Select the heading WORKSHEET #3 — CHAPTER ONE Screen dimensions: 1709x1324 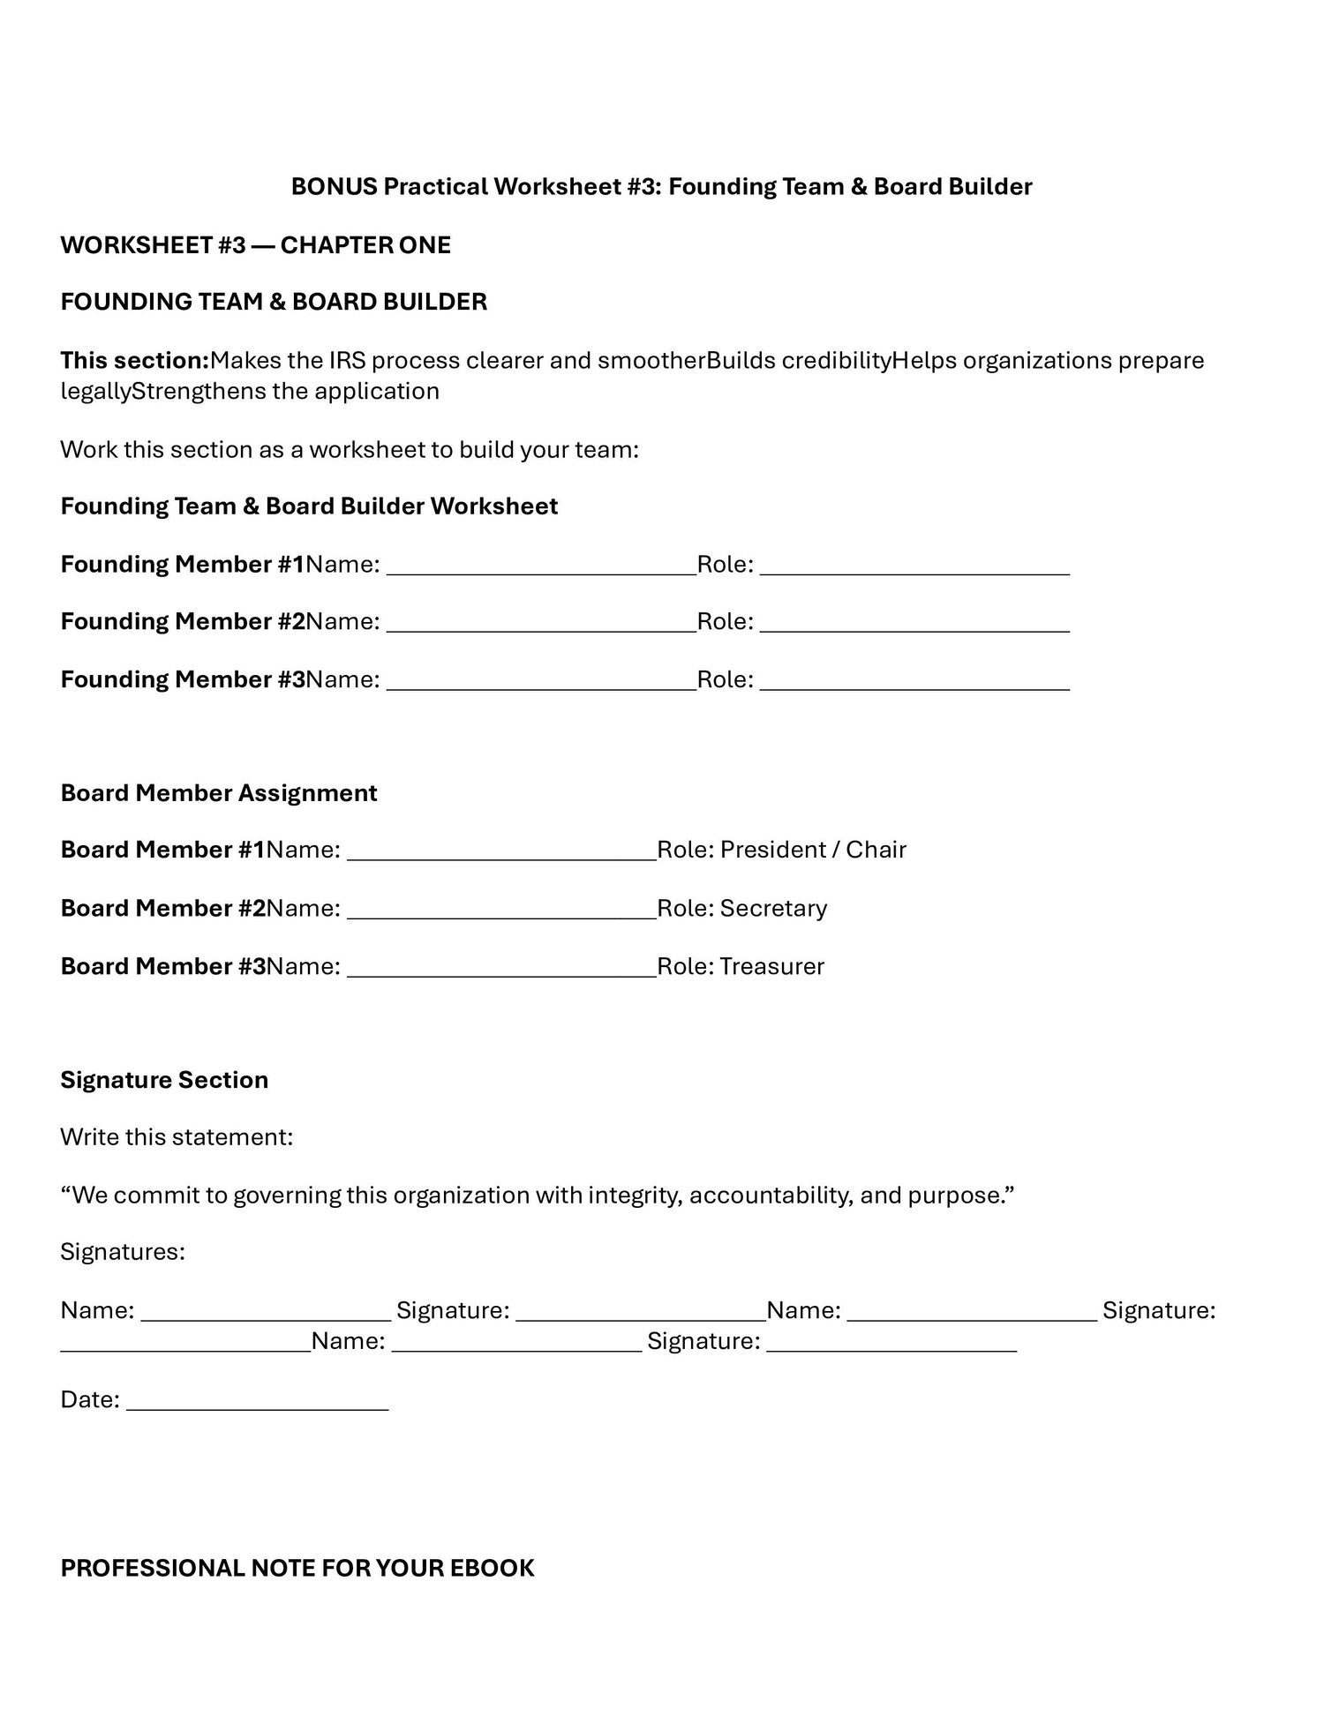click(255, 245)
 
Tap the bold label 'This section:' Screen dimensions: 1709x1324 click(134, 361)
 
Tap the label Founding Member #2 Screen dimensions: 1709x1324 click(183, 622)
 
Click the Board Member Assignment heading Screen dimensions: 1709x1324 click(219, 793)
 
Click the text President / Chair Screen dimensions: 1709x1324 click(813, 850)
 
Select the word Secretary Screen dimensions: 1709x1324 click(773, 909)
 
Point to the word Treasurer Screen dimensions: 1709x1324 click(771, 967)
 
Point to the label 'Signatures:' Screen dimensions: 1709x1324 click(123, 1253)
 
